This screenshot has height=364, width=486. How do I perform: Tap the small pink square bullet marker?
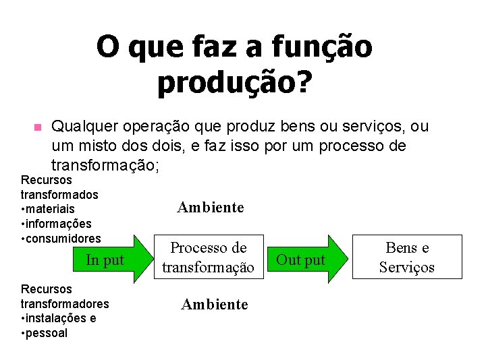pyautogui.click(x=37, y=127)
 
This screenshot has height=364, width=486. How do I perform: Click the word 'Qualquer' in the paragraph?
pyautogui.click(x=80, y=127)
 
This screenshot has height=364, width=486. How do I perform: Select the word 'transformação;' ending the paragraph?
pyautogui.click(x=105, y=164)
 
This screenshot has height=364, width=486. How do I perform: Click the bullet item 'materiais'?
pyautogui.click(x=50, y=209)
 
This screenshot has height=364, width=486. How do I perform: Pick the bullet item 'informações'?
pyautogui.click(x=58, y=223)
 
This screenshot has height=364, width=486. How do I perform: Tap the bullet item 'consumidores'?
pyautogui.click(x=63, y=238)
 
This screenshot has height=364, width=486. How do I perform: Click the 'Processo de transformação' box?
pyautogui.click(x=208, y=257)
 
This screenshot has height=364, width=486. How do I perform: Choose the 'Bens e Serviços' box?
pyautogui.click(x=406, y=257)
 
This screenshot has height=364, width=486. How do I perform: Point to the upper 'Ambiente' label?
pyautogui.click(x=210, y=208)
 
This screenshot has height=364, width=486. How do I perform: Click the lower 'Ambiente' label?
pyautogui.click(x=215, y=305)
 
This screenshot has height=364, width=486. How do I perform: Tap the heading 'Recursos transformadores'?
pyautogui.click(x=65, y=296)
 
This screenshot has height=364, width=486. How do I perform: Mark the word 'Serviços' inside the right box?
pyautogui.click(x=406, y=267)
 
